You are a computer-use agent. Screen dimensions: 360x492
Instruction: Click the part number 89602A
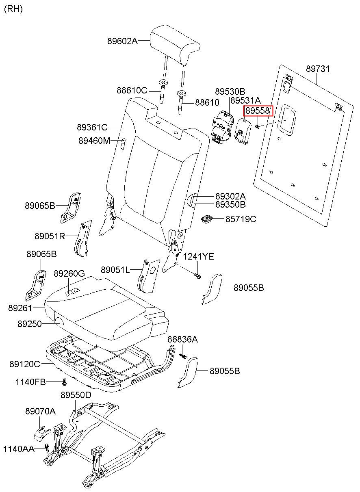pos(122,41)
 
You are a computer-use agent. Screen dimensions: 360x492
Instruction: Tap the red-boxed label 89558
pos(258,111)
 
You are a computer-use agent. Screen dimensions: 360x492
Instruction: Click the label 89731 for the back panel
pos(318,69)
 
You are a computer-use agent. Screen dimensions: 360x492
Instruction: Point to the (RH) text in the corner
pos(13,9)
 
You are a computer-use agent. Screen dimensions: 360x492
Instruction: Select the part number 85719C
pos(241,219)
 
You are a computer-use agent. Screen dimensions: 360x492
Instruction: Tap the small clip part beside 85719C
pos(207,219)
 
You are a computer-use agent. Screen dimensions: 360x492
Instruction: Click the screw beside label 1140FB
pos(64,382)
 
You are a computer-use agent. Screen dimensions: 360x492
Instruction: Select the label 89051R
pos(50,236)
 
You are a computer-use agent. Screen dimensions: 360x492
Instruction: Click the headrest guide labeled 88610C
pos(162,91)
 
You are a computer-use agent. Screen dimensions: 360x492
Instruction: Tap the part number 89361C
pos(92,127)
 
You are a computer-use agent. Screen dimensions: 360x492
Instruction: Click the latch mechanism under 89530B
pos(221,128)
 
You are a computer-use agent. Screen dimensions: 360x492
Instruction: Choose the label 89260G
pos(69,273)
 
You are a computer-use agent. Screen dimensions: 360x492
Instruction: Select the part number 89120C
pos(25,364)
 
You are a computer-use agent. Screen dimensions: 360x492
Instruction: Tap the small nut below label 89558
pos(258,126)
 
